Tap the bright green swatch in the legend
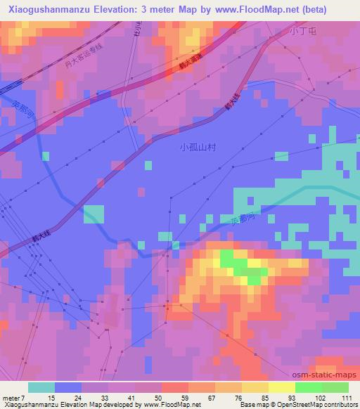pyautogui.click(x=308, y=387)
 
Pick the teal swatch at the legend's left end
pyautogui.click(x=41, y=387)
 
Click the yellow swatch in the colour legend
pyautogui.click(x=281, y=387)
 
